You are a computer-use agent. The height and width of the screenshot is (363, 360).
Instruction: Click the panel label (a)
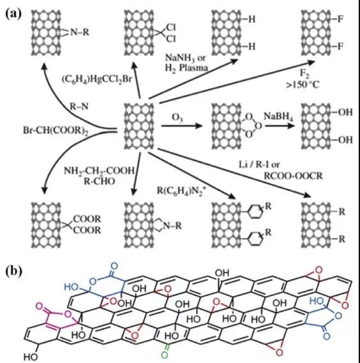13,13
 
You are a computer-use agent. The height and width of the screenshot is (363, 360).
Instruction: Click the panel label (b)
13,271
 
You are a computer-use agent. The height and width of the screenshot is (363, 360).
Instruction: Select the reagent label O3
177,117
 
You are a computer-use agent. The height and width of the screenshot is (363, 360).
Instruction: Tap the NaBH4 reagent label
278,117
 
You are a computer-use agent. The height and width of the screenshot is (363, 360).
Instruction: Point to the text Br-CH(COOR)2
56,131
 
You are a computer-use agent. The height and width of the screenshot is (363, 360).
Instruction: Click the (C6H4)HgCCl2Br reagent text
96,79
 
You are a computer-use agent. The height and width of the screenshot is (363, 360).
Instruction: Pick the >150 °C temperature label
303,85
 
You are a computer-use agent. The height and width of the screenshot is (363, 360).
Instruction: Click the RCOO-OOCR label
293,176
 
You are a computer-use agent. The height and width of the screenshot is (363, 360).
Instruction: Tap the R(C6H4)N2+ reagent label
182,190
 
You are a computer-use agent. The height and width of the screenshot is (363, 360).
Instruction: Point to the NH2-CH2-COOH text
99,171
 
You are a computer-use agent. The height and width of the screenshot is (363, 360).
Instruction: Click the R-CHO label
99,181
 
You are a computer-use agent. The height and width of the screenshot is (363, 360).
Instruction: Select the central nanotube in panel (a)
139,126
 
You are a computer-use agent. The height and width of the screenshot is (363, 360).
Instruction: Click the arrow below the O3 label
182,126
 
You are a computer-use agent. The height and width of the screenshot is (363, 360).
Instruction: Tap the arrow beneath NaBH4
280,126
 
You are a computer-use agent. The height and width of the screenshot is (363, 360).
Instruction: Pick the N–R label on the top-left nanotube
79,32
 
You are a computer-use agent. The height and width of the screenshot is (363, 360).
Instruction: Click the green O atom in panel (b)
164,355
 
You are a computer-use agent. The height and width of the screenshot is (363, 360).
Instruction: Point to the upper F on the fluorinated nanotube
340,19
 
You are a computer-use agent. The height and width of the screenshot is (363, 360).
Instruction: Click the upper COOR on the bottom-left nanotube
87,219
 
